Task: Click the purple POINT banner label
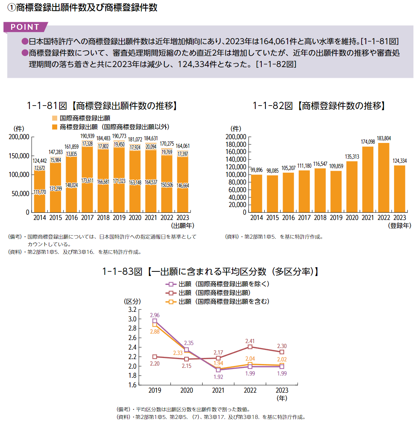[x=25, y=27]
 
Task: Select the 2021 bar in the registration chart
[x=367, y=179]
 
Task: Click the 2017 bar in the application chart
[x=87, y=179]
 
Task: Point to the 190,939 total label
[x=87, y=136]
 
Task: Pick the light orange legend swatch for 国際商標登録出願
[x=55, y=118]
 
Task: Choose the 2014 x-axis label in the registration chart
[x=257, y=218]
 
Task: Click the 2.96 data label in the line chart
[x=155, y=315]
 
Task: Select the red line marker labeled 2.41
[x=250, y=347]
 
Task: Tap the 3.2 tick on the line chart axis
[x=132, y=309]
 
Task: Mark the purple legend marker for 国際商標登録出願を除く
[x=172, y=284]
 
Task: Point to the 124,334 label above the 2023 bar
[x=399, y=161]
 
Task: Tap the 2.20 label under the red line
[x=154, y=364]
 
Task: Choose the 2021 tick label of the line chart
[x=218, y=391]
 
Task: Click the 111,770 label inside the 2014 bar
[x=40, y=192]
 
